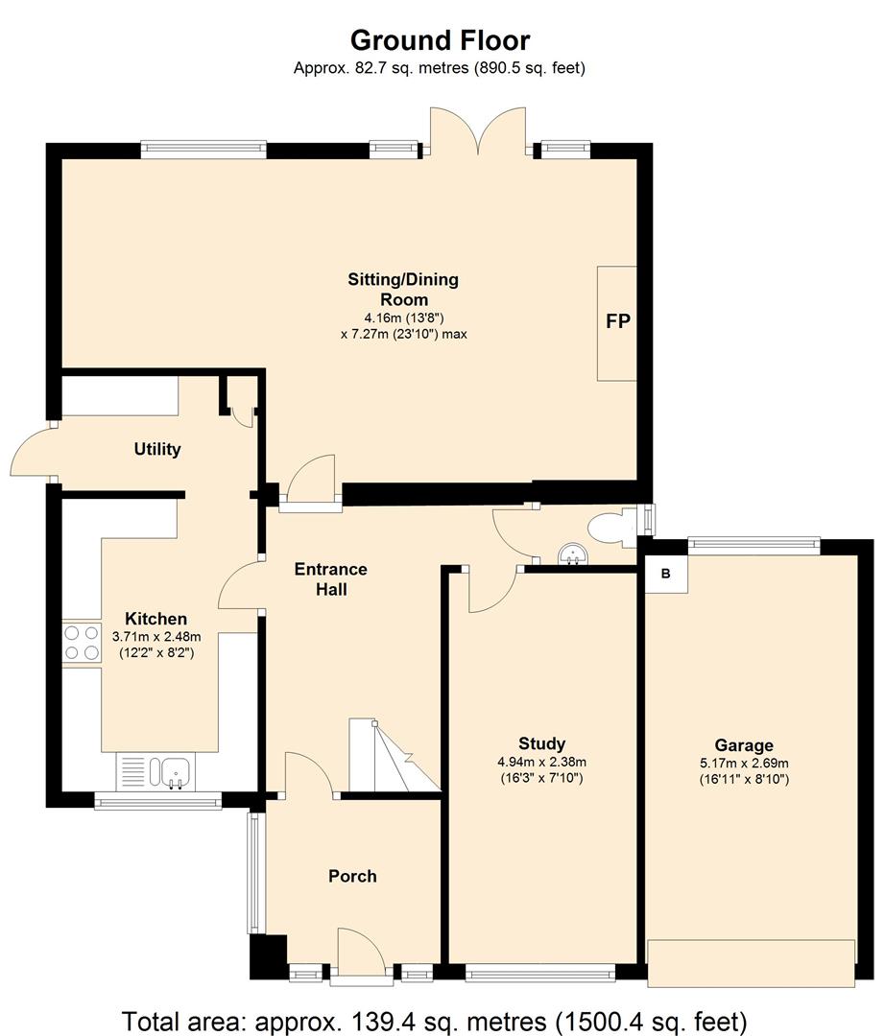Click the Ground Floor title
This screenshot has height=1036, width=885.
coord(440,40)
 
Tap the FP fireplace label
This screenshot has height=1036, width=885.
coord(618,321)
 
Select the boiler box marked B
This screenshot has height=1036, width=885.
coord(666,574)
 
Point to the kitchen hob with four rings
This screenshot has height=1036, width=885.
coord(82,643)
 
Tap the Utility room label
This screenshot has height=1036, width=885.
coord(157,449)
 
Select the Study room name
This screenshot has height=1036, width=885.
coord(541,743)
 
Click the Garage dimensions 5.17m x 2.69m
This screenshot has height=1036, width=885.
coord(744,764)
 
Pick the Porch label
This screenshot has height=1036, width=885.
coord(352,876)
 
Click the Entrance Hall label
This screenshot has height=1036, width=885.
coord(330,578)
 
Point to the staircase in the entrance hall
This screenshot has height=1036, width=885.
coord(394,755)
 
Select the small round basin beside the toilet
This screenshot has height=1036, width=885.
coord(572,554)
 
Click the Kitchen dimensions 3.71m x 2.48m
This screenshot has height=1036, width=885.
coord(156,638)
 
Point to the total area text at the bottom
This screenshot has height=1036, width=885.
coord(434,1021)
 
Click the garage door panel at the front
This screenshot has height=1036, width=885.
coord(751,963)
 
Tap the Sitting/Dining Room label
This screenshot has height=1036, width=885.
coord(403,289)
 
